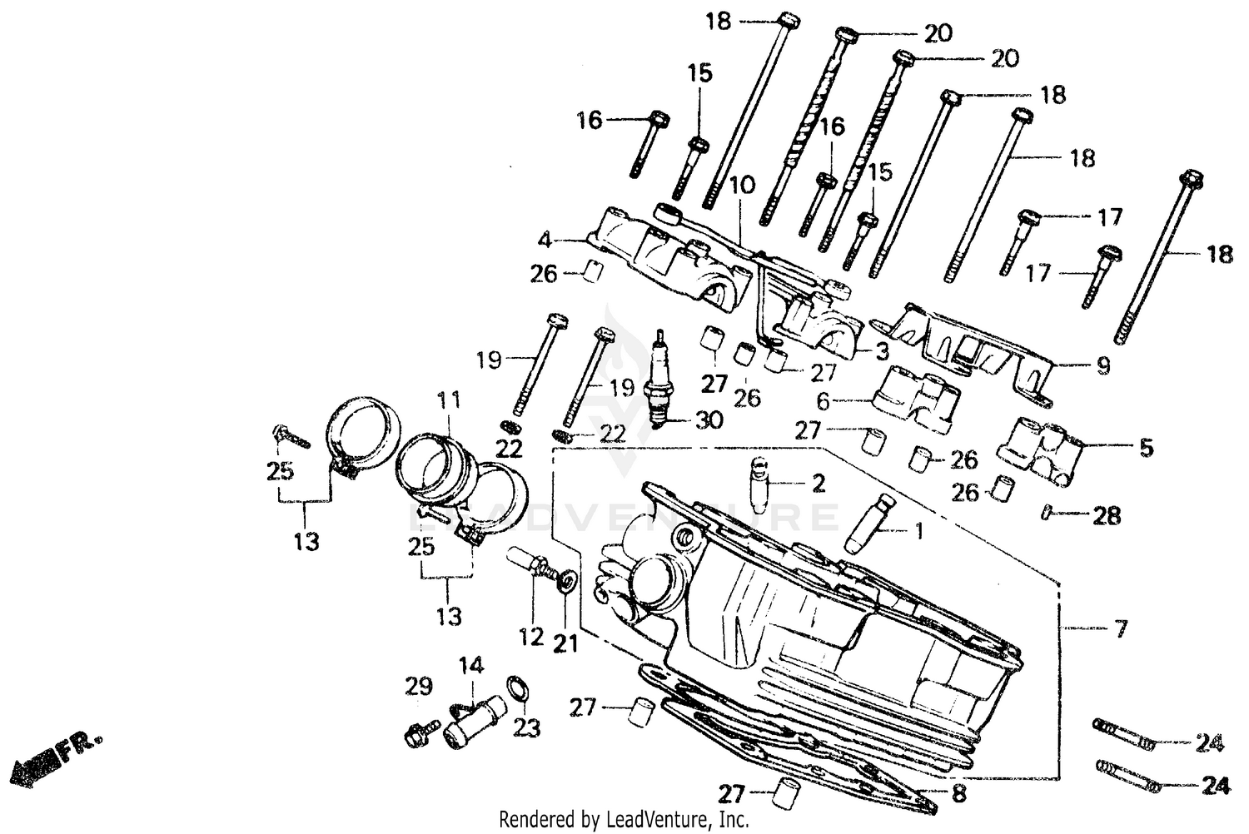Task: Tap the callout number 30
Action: (x=709, y=421)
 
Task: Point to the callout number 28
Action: (x=1107, y=515)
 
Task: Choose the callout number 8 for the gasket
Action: (x=959, y=794)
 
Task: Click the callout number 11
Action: (x=449, y=401)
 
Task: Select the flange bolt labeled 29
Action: (x=419, y=733)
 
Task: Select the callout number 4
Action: (x=545, y=241)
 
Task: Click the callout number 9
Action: (x=1103, y=365)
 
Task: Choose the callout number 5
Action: (x=1146, y=448)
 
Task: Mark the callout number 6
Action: (x=823, y=401)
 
